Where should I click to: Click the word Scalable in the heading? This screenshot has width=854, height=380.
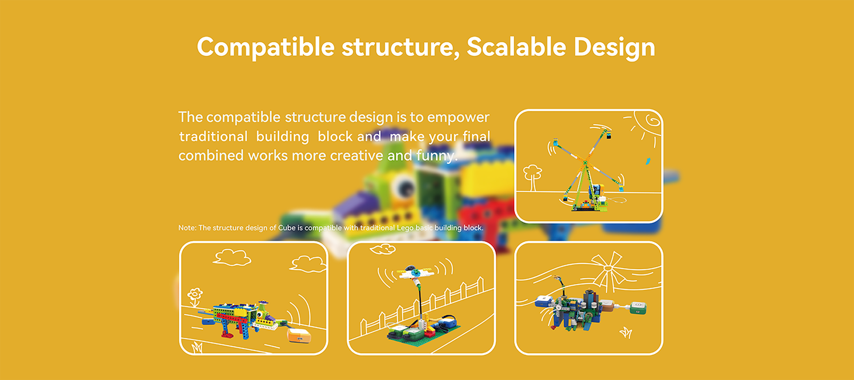(516, 47)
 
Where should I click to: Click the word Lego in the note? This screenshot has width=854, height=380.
(405, 228)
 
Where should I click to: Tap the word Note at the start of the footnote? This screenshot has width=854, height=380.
(187, 228)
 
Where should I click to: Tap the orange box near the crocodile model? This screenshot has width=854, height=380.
(299, 335)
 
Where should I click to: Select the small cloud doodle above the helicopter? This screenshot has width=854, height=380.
(383, 249)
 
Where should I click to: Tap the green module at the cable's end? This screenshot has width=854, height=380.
(638, 307)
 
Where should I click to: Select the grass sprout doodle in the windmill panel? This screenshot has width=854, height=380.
(626, 332)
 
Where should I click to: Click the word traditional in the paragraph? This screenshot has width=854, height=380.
(213, 137)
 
